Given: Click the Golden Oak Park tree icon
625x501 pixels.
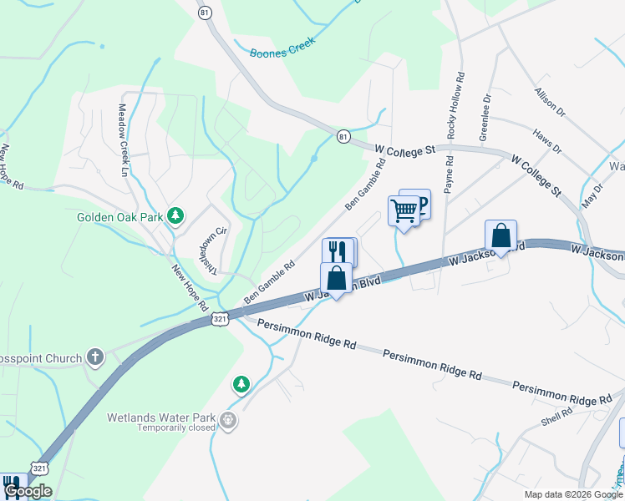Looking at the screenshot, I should pyautogui.click(x=175, y=216).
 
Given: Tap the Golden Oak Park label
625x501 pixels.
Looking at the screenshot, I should pyautogui.click(x=119, y=217).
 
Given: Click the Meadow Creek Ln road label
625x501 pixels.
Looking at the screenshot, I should pyautogui.click(x=123, y=139).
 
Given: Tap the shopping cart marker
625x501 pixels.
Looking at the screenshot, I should pyautogui.click(x=404, y=211).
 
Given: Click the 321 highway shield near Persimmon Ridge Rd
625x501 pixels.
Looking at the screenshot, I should pyautogui.click(x=220, y=318).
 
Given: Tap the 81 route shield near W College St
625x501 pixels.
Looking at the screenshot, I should pyautogui.click(x=343, y=137).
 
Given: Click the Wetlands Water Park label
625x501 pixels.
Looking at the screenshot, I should pyautogui.click(x=161, y=417).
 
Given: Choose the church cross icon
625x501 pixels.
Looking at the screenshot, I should pyautogui.click(x=95, y=358).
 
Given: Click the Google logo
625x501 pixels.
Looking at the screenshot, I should pyautogui.click(x=28, y=491).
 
